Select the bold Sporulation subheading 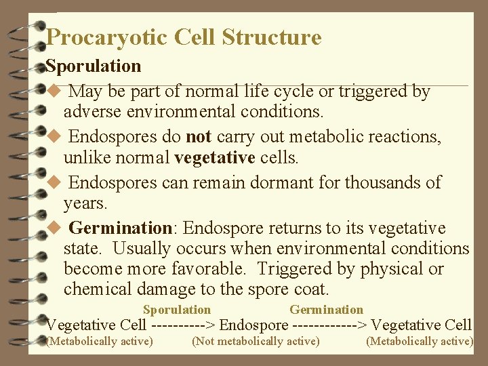(94, 66)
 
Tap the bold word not (199, 137)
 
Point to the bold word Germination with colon (121, 228)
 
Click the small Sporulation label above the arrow (177, 310)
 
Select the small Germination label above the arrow (326, 310)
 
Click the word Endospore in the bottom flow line (254, 325)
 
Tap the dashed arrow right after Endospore (330, 325)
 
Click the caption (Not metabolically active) (256, 341)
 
